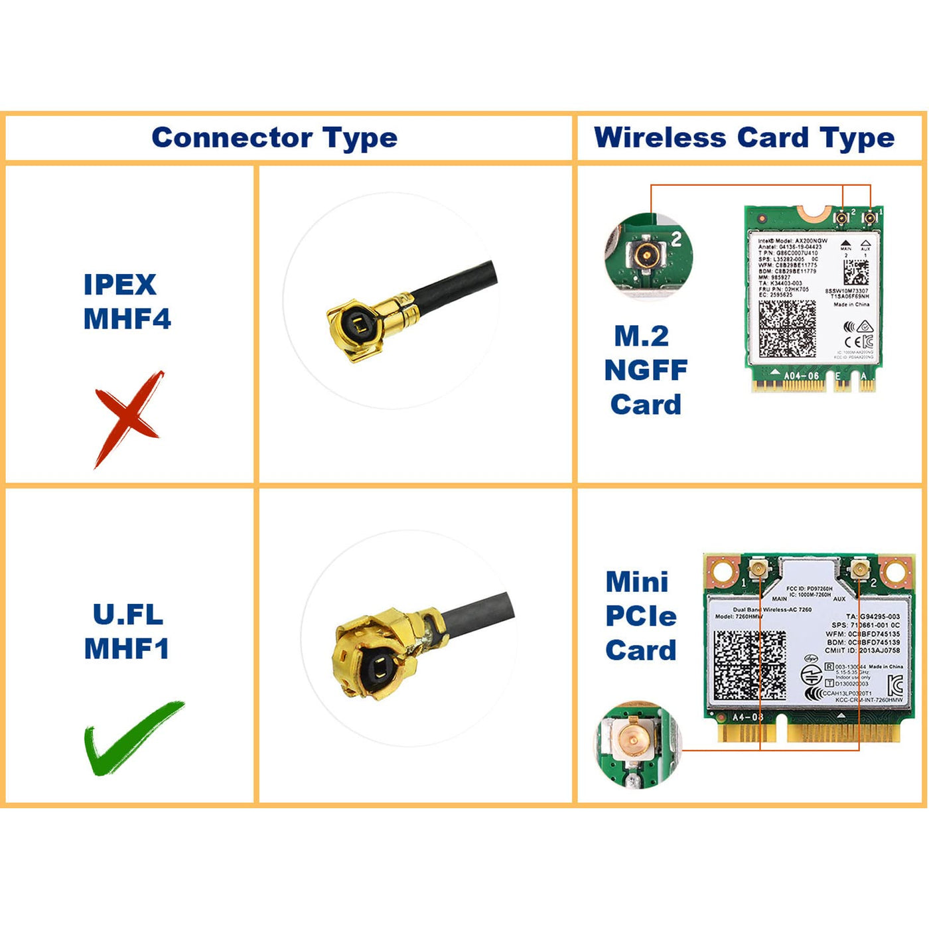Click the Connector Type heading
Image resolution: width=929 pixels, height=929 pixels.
[x=274, y=138]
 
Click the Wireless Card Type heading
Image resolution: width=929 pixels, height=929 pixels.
[x=744, y=138]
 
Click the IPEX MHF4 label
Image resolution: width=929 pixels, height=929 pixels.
[x=127, y=302]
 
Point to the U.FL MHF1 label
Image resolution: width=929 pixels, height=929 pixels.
[x=127, y=631]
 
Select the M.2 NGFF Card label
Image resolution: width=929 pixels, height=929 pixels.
[x=644, y=370]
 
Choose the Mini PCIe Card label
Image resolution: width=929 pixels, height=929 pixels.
[x=640, y=616]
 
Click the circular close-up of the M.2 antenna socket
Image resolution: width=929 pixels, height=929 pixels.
[x=648, y=255]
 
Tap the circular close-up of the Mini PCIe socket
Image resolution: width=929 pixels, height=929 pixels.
[x=636, y=744]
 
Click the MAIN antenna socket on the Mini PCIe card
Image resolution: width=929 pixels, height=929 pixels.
[x=758, y=569]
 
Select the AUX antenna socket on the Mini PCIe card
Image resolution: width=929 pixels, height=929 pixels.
[x=859, y=569]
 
